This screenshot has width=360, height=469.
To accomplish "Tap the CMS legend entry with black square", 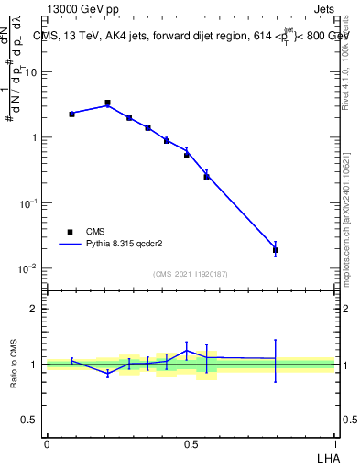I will pos(71,232).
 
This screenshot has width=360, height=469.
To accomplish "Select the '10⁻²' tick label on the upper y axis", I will pos(30,268).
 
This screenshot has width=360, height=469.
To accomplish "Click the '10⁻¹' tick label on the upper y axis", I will pos(30,203).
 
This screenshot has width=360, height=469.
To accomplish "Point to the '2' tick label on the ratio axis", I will pos(37,309).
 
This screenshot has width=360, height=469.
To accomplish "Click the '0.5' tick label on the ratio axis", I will pos(33,420).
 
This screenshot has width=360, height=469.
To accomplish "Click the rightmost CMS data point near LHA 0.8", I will pos(276,250).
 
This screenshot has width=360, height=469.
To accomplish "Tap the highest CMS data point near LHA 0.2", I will pos(107,104).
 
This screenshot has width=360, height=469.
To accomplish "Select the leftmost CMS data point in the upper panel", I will pos(71,114).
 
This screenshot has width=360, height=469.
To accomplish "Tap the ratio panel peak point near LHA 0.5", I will pos(187,350).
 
